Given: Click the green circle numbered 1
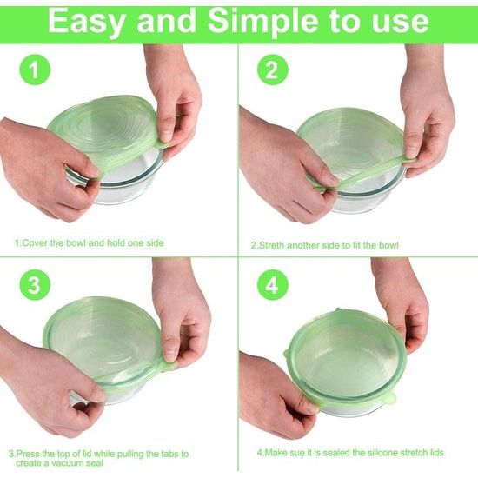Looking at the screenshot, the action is (35, 70).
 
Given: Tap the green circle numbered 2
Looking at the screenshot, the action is (272, 70).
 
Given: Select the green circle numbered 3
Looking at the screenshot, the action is (35, 285).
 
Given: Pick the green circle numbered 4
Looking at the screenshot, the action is (272, 285).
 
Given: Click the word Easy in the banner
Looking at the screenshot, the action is (87, 22).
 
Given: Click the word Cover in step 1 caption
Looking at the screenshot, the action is (36, 243).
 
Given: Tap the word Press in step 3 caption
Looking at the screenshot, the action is (28, 454).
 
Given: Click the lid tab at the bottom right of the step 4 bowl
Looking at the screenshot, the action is (391, 397).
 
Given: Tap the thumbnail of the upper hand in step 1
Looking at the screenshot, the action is (166, 134).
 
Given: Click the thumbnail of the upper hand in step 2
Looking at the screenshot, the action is (411, 149).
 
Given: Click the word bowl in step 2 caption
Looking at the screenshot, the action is (388, 245).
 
